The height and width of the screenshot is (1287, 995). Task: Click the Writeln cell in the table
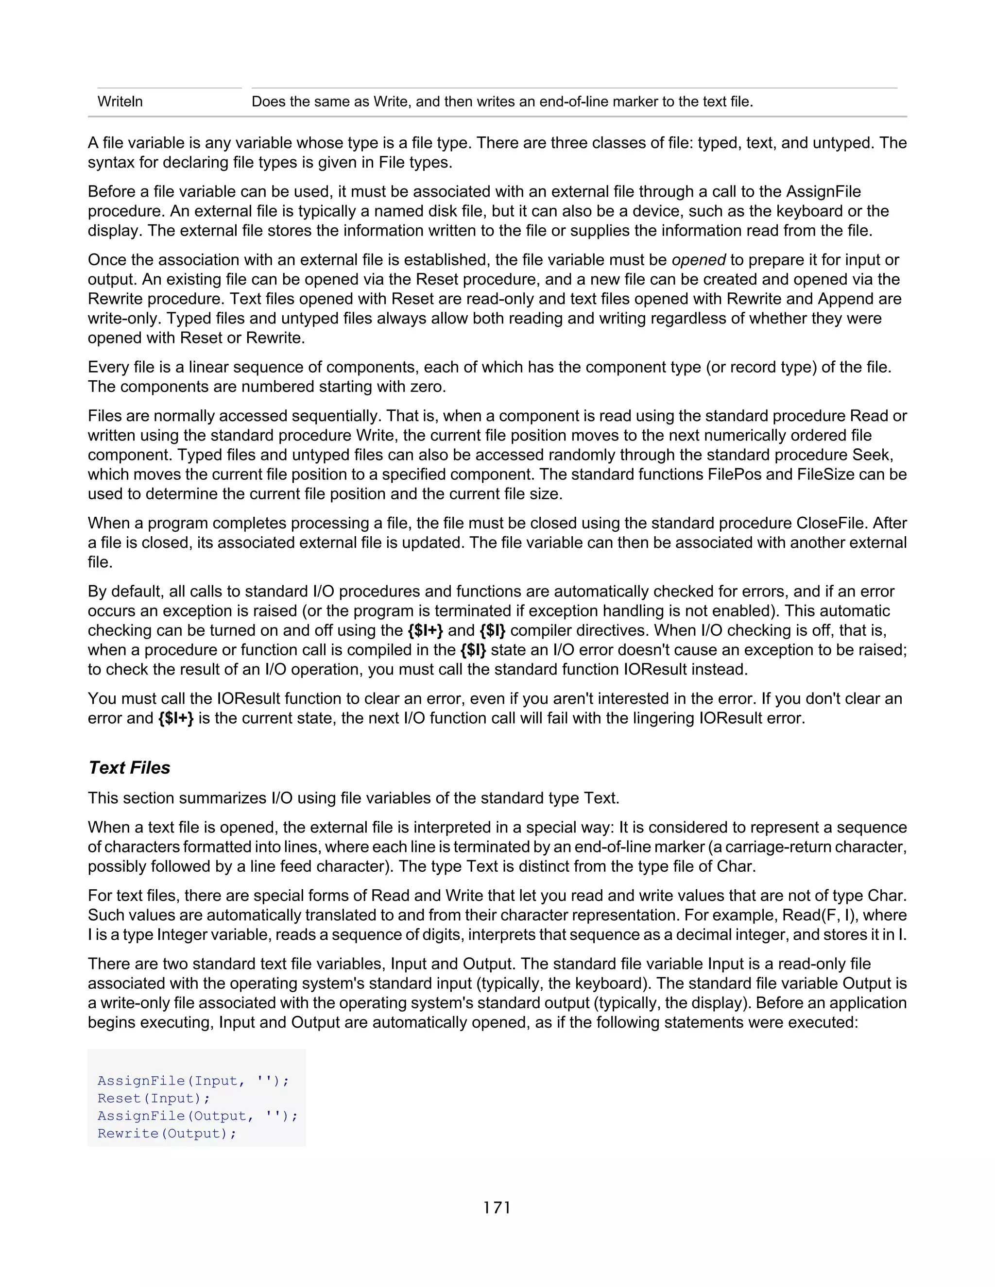(120, 102)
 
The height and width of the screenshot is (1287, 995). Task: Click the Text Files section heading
(129, 767)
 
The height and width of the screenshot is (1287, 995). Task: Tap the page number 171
(497, 1207)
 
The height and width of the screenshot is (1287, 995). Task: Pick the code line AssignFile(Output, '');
(197, 1116)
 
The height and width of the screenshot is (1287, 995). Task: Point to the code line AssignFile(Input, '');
(193, 1080)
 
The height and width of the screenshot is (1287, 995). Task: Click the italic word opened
(699, 260)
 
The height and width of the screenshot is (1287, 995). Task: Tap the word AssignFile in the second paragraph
(823, 191)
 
